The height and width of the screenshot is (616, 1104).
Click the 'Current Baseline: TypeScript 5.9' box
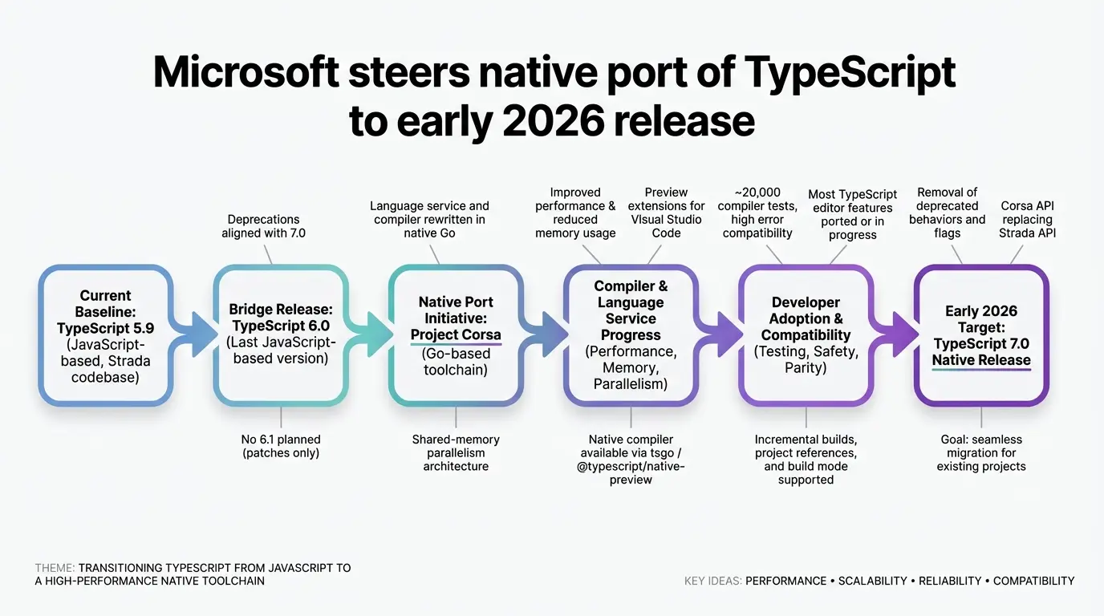[105, 335]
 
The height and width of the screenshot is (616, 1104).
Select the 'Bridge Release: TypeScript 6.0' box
[280, 335]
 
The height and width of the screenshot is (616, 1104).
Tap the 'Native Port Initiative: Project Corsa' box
[456, 335]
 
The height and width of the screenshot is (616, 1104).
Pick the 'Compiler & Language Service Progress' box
[631, 335]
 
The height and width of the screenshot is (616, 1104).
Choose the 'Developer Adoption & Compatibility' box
[806, 335]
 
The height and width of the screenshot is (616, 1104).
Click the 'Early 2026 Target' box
[981, 335]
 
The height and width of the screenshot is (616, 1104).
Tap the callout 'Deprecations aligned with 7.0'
[263, 226]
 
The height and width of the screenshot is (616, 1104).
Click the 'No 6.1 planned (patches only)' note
[281, 446]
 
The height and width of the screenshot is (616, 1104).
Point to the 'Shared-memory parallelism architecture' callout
[456, 452]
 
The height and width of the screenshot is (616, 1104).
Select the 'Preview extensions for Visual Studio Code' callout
[666, 213]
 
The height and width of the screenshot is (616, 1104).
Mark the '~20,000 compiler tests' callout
[757, 213]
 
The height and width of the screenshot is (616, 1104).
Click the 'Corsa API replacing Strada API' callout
[1028, 219]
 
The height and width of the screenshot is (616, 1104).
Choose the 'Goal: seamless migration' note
[981, 452]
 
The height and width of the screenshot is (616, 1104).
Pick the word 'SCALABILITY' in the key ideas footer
[872, 581]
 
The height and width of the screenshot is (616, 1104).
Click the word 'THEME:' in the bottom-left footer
[55, 568]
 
